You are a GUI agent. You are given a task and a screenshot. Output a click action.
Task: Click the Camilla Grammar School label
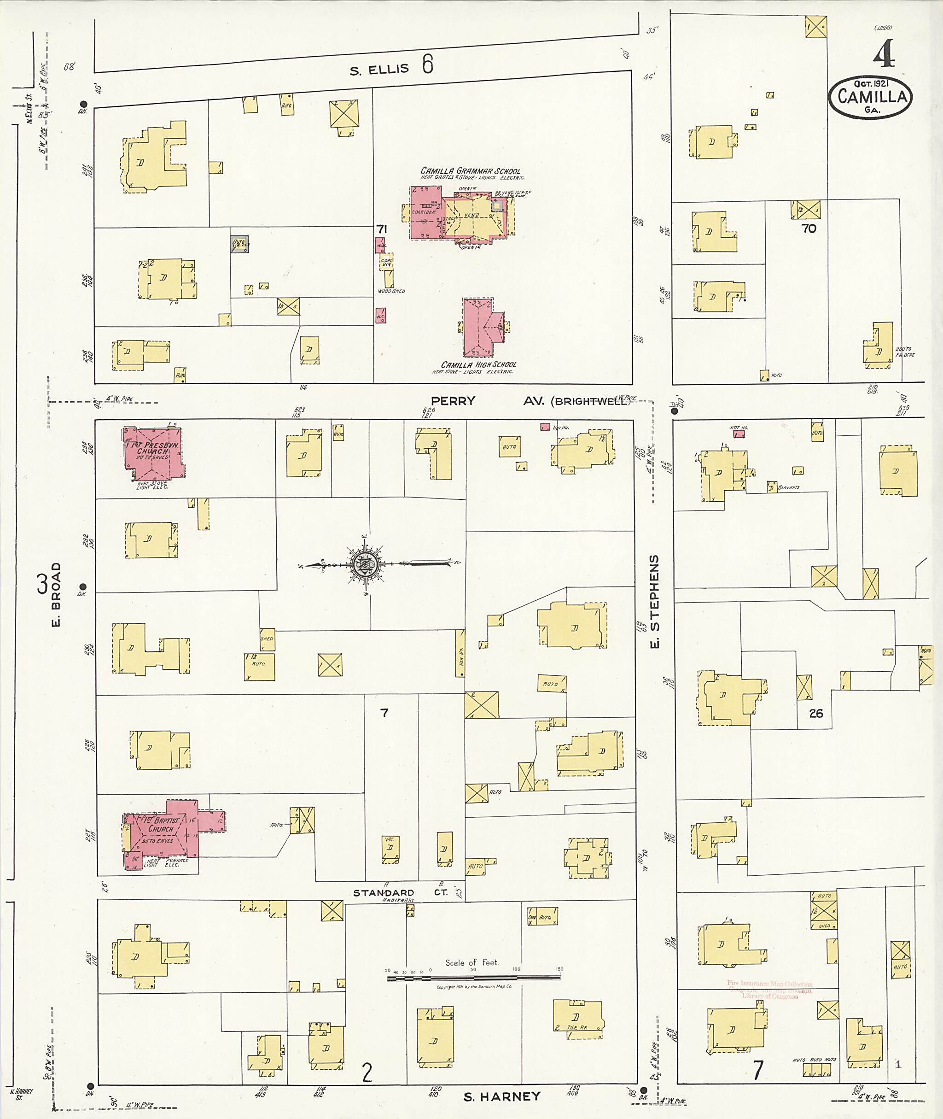(x=470, y=172)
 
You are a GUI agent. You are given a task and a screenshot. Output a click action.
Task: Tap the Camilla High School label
(x=478, y=364)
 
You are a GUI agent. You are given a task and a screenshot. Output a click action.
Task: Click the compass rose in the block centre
(x=365, y=564)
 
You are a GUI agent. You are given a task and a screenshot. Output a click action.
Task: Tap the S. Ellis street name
(x=379, y=69)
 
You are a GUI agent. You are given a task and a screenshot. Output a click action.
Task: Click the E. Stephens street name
(x=654, y=601)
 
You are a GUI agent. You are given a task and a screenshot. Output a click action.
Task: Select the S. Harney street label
(x=501, y=1097)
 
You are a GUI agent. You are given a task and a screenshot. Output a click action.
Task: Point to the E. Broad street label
(x=57, y=594)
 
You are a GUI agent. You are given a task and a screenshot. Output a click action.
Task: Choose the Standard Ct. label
(x=400, y=893)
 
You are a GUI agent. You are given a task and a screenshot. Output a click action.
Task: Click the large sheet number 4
(x=885, y=55)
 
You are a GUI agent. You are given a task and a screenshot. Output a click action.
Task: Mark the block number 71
(x=381, y=229)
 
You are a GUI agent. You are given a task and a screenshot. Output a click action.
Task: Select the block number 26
(x=816, y=713)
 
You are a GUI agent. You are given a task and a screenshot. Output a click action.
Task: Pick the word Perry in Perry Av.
(x=453, y=401)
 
